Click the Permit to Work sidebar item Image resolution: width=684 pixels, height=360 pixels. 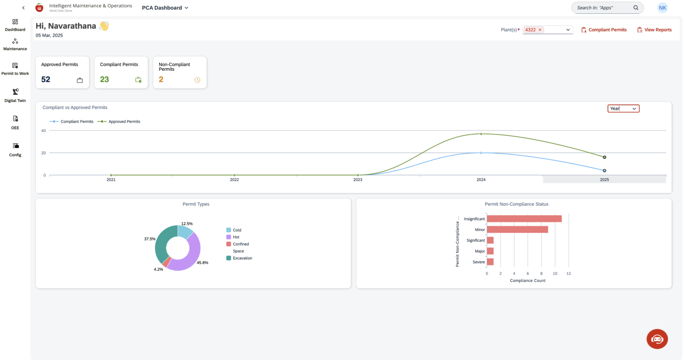click(x=15, y=69)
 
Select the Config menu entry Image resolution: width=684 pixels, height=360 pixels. click(x=15, y=150)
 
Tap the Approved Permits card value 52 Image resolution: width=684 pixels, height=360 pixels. click(x=46, y=79)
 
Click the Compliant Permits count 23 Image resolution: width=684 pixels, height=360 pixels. click(x=104, y=79)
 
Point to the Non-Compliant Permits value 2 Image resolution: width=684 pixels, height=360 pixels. click(x=161, y=79)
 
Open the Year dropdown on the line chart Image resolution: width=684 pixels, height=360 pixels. click(x=623, y=109)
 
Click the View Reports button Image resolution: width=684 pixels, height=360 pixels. click(x=654, y=30)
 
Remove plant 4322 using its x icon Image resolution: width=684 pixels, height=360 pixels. click(x=540, y=30)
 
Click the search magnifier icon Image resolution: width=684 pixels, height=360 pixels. click(x=636, y=8)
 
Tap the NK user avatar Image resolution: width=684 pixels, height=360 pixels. click(x=663, y=8)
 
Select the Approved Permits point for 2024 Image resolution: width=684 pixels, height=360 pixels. click(x=481, y=133)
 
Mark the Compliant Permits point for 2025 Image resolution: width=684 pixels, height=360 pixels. click(x=604, y=170)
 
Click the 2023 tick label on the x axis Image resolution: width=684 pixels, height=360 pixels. click(x=358, y=180)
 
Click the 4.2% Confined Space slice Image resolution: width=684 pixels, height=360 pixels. click(x=166, y=263)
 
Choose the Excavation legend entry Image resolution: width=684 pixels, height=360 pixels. click(x=242, y=258)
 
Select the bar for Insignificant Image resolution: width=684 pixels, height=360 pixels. click(x=524, y=218)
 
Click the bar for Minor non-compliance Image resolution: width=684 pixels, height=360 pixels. click(x=517, y=230)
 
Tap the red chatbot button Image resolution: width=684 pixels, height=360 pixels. click(x=657, y=339)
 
